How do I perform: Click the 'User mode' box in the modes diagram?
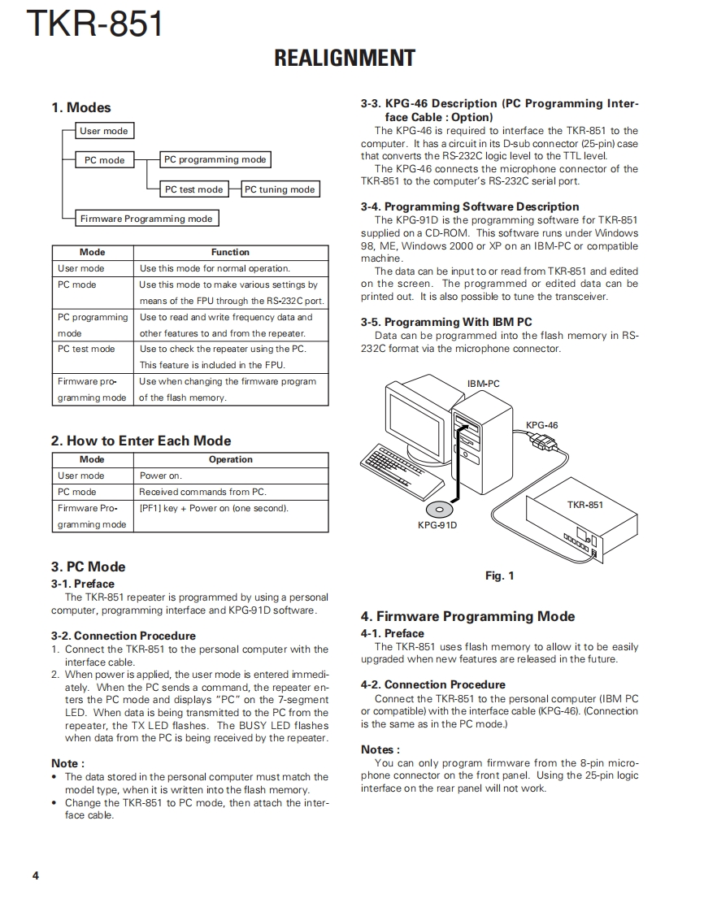(x=103, y=131)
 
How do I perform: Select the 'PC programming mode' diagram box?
(x=215, y=160)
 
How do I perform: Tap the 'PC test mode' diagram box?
(x=193, y=189)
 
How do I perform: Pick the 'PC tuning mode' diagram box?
(x=280, y=189)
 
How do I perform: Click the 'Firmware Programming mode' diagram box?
(x=146, y=219)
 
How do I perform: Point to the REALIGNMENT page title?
(x=345, y=59)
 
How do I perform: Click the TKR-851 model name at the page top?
(x=94, y=24)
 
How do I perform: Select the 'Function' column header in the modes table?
(x=230, y=252)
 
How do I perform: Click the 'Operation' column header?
(x=230, y=459)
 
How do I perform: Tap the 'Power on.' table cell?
(x=161, y=476)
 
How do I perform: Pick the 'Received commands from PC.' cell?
(x=202, y=492)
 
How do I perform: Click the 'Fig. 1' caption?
(x=499, y=575)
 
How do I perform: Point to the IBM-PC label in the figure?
(x=483, y=384)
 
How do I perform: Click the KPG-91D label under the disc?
(x=437, y=525)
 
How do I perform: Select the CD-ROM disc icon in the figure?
(x=439, y=509)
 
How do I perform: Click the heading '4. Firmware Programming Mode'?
(x=467, y=616)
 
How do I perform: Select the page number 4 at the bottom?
(x=35, y=875)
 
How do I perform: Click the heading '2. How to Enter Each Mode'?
(x=141, y=441)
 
